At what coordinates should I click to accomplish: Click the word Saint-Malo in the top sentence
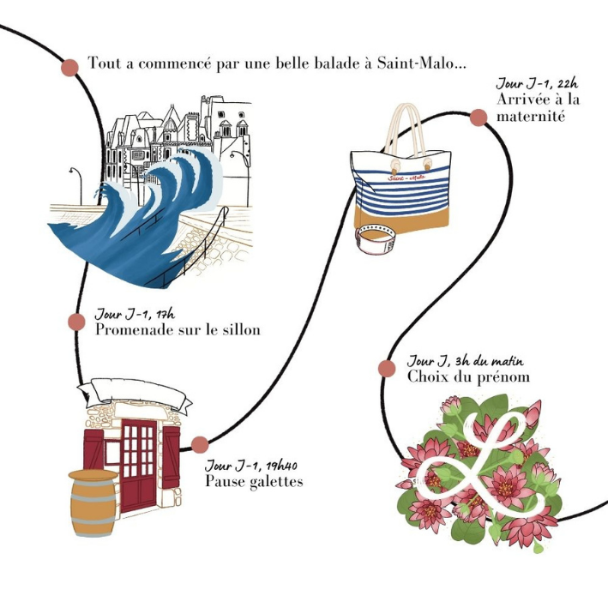click(421, 63)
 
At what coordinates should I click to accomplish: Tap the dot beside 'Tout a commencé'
click(70, 67)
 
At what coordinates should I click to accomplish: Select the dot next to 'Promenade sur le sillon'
click(76, 322)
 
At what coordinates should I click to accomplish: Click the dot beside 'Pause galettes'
click(200, 444)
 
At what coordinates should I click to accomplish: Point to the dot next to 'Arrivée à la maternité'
click(478, 117)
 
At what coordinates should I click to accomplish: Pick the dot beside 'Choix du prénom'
click(387, 369)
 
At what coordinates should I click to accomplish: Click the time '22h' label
click(567, 84)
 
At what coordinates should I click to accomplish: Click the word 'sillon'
click(239, 329)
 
